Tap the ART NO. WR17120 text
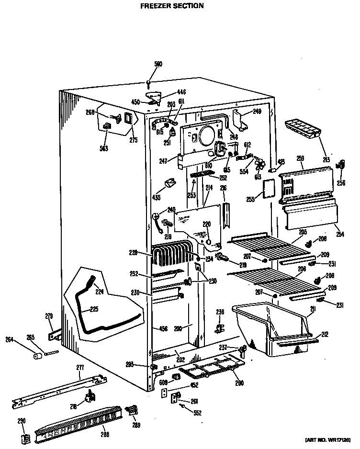coord(329,439)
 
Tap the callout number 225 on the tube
coord(94,309)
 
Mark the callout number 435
coord(156,197)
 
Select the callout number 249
coord(258,112)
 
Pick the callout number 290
coord(22,421)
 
